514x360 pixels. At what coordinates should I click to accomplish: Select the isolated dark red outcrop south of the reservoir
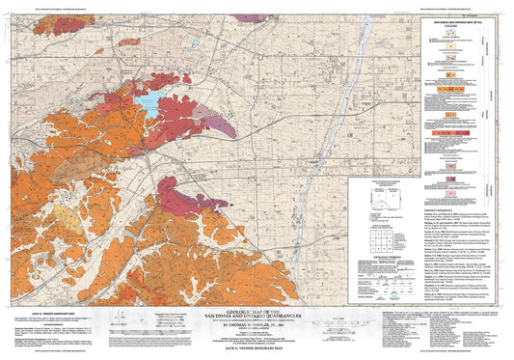click(x=181, y=200)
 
